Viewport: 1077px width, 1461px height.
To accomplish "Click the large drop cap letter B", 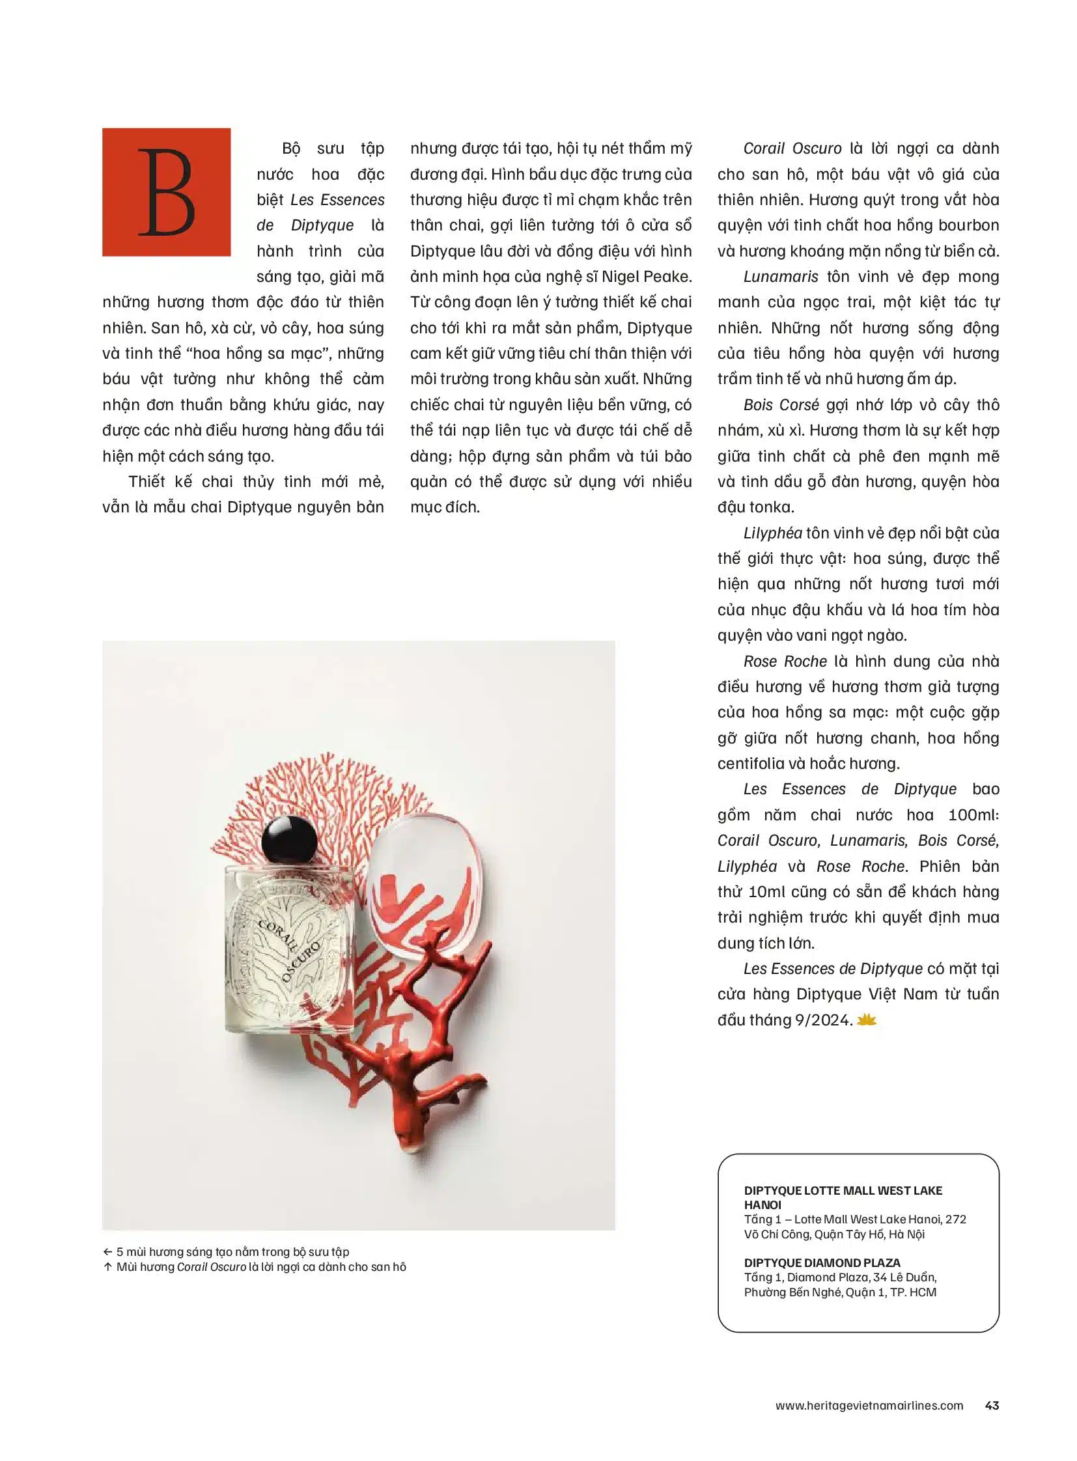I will coord(166,192).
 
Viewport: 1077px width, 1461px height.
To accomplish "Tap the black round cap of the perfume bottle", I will coord(289,841).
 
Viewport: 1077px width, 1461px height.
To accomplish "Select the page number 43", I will coord(992,1406).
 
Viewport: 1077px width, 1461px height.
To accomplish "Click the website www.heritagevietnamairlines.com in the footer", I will coord(869,1406).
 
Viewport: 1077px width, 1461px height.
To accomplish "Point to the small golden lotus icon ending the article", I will coord(867,1020).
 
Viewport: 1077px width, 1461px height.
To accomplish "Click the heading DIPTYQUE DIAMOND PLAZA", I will coord(822,1263).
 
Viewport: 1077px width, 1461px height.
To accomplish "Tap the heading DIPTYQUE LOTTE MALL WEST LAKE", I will coord(843,1190).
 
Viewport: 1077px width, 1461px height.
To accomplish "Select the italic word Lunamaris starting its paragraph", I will coord(780,277).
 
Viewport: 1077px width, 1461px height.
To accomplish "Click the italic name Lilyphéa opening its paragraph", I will coord(772,533).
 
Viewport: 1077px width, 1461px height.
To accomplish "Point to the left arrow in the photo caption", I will coord(107,1252).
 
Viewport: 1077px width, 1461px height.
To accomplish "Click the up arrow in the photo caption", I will coord(107,1267).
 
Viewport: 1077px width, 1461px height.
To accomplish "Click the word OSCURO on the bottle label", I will coord(301,962).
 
